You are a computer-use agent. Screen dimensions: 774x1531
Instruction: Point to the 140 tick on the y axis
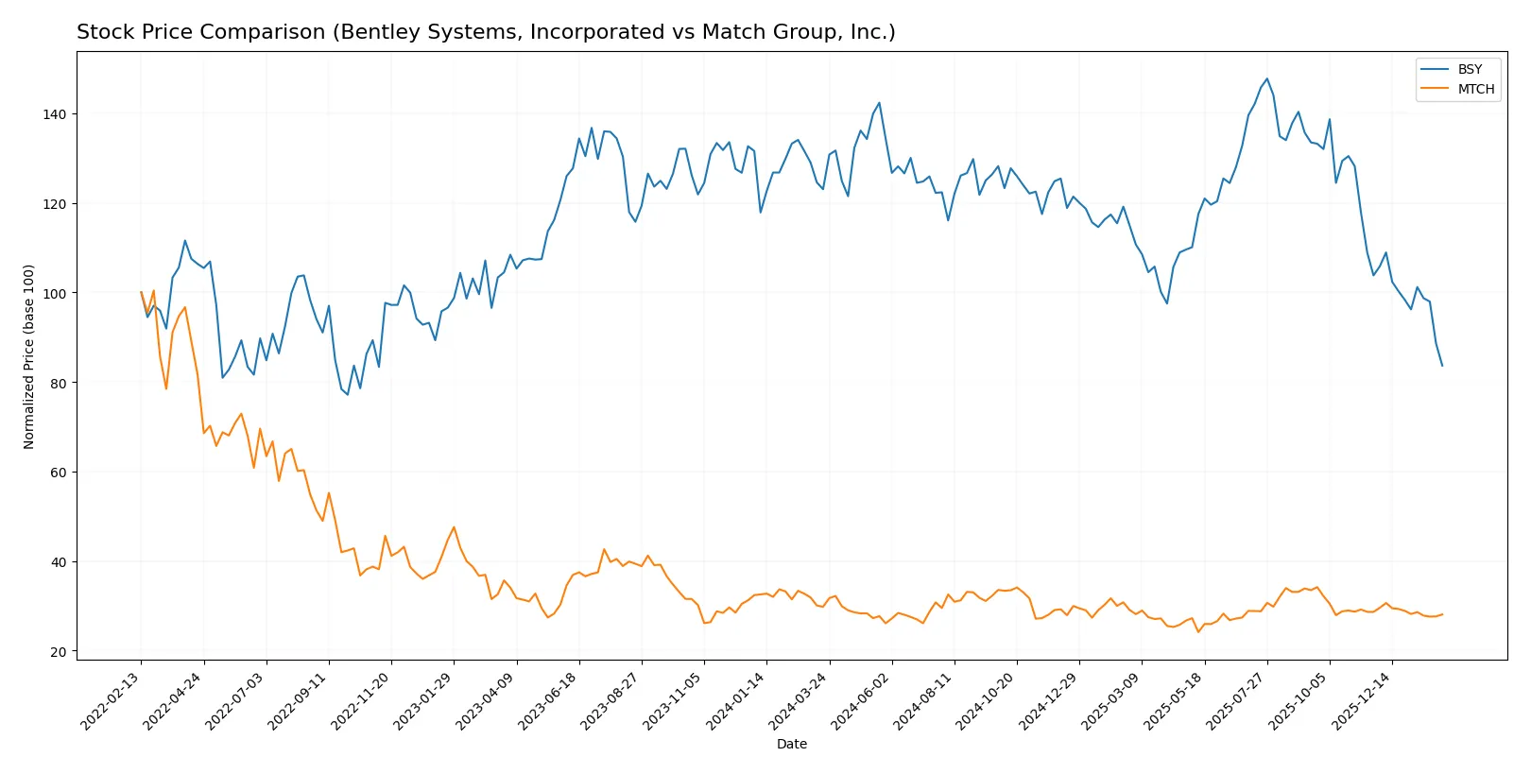[x=54, y=114]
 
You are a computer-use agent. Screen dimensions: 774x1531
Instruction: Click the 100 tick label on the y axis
[x=54, y=293]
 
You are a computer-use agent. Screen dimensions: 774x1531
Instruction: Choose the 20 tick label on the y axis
[x=58, y=652]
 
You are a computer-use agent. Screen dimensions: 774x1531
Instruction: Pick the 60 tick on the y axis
[x=58, y=473]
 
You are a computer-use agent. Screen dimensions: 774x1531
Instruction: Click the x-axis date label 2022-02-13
[x=112, y=700]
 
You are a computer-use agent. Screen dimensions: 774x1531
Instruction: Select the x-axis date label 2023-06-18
[x=549, y=700]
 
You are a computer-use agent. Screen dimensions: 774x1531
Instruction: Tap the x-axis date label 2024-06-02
[x=862, y=700]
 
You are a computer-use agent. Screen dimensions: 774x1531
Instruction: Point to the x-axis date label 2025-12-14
[x=1362, y=700]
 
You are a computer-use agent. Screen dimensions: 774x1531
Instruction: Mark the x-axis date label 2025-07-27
[x=1237, y=700]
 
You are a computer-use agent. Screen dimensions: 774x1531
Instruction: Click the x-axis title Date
[x=792, y=744]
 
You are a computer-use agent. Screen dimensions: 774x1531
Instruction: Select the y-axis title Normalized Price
[x=29, y=356]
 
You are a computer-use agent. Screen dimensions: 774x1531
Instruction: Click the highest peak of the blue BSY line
[x=1266, y=79]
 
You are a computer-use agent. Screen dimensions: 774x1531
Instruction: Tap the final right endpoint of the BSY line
[x=1442, y=366]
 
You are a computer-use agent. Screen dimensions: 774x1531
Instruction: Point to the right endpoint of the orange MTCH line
[x=1442, y=614]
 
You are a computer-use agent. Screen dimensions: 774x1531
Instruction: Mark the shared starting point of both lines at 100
[x=142, y=293]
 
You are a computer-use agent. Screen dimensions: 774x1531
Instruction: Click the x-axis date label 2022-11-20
[x=361, y=700]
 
